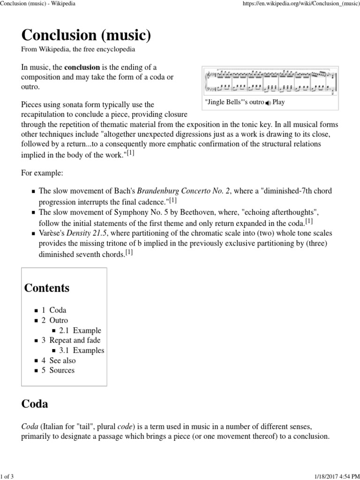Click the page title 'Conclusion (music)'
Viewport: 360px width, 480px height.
[x=86, y=35]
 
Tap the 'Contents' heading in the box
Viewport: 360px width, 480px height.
[x=47, y=288]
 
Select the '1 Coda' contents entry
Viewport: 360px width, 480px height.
[x=54, y=310]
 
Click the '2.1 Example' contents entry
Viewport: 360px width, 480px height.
[x=80, y=330]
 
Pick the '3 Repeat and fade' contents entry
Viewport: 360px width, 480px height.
[x=71, y=340]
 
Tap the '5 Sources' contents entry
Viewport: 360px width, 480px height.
[x=58, y=370]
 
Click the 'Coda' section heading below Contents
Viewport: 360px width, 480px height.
[x=35, y=404]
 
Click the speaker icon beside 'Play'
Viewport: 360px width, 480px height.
[x=268, y=103]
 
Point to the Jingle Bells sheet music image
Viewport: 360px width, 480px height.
[x=270, y=82]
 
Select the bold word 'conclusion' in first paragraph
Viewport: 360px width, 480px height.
[x=82, y=67]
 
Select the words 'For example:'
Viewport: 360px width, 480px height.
[x=42, y=173]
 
